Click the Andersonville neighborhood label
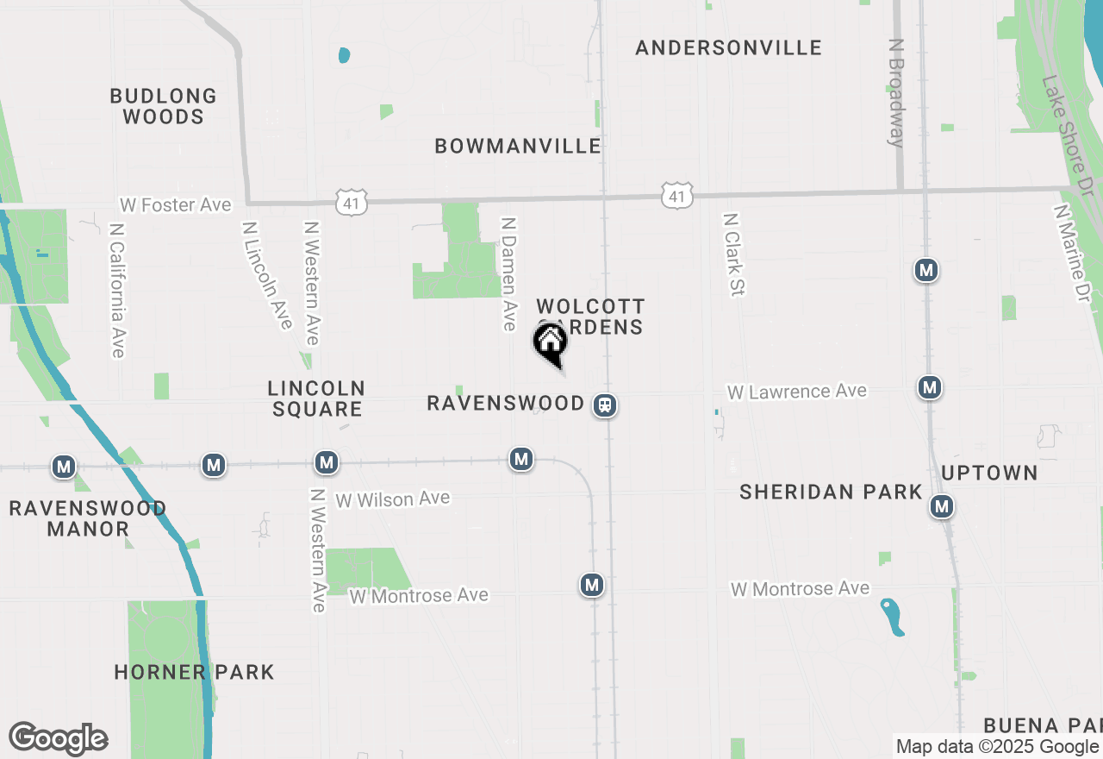(x=728, y=47)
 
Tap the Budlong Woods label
(x=163, y=106)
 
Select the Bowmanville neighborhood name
(x=518, y=146)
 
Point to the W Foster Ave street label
(x=176, y=204)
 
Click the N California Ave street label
(x=117, y=291)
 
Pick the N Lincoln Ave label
(x=267, y=275)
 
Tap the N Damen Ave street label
(x=509, y=273)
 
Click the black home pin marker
(x=550, y=343)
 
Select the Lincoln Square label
(x=316, y=398)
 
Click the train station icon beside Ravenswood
(x=605, y=405)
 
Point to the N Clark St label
(x=733, y=255)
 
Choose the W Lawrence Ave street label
(x=796, y=392)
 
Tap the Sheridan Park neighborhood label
(x=831, y=492)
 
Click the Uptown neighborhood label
(x=989, y=473)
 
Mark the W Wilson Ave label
(x=393, y=499)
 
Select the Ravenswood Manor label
(x=88, y=518)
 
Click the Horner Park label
(x=194, y=672)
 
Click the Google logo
(x=58, y=739)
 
